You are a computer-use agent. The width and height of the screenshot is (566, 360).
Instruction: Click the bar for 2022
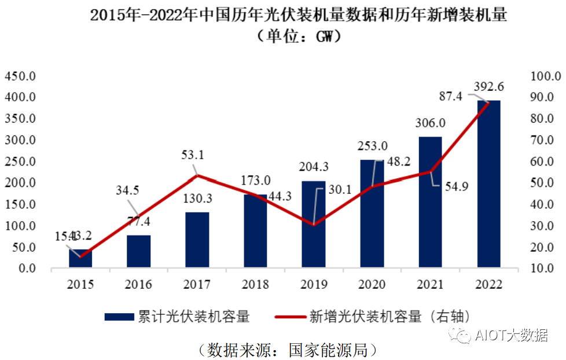click(x=488, y=184)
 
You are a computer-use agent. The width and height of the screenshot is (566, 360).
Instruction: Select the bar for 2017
click(x=197, y=240)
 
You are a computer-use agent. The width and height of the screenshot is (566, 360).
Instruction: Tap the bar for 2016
click(x=139, y=251)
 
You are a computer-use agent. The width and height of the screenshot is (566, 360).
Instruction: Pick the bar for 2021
click(x=430, y=202)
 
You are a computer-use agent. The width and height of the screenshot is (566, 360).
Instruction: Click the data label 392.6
click(x=490, y=87)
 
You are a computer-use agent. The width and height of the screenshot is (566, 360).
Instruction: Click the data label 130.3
click(x=197, y=199)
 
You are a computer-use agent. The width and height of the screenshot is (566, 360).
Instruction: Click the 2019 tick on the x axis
click(x=314, y=285)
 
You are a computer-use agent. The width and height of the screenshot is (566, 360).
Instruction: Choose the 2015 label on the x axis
click(x=80, y=285)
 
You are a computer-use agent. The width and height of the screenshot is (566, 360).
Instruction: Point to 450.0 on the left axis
click(x=21, y=76)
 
